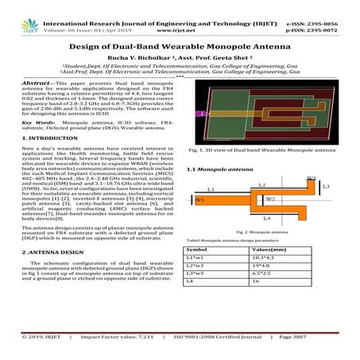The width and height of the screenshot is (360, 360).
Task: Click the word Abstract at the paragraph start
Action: pos(37,83)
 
